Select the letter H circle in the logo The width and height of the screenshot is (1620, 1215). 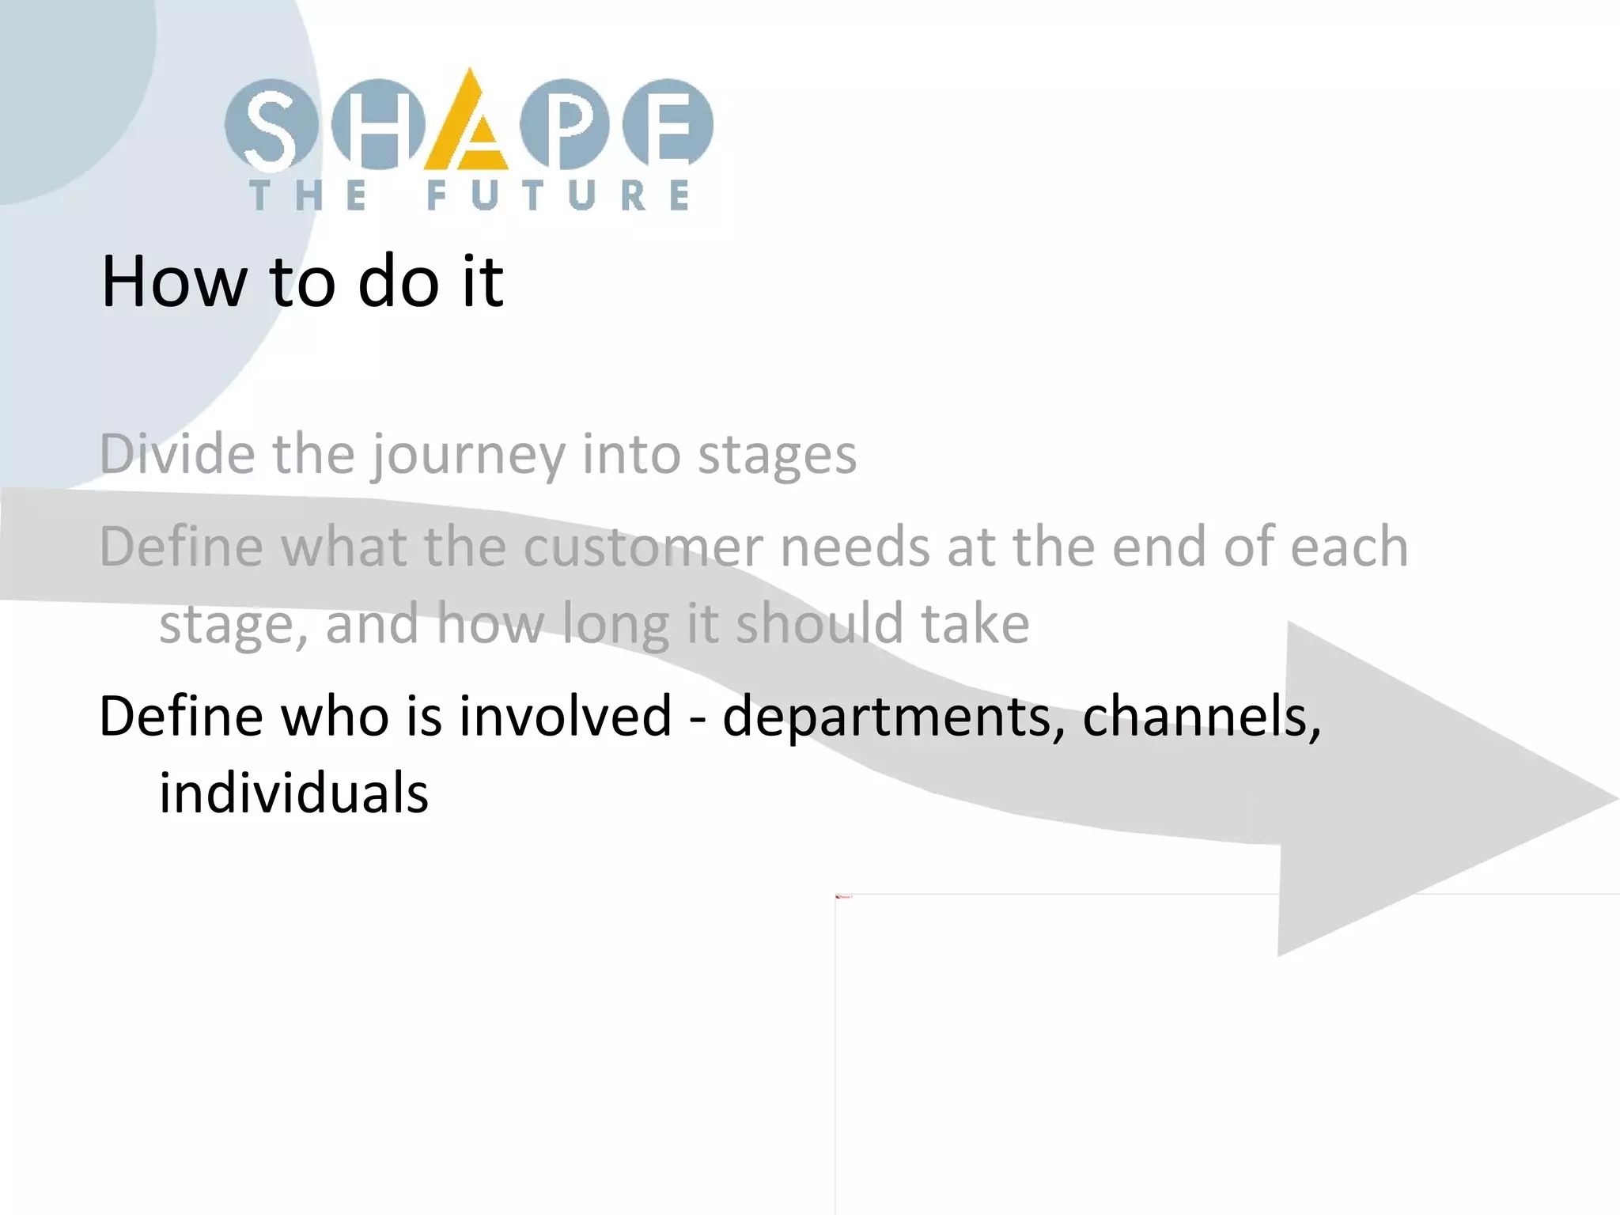377,125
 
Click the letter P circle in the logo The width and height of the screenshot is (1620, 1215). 564,125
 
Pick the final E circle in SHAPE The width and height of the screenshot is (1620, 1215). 668,125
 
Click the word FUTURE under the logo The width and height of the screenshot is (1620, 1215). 558,195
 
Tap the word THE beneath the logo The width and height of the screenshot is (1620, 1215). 309,195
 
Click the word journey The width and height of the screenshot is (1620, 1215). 468,456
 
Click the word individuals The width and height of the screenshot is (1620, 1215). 293,793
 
